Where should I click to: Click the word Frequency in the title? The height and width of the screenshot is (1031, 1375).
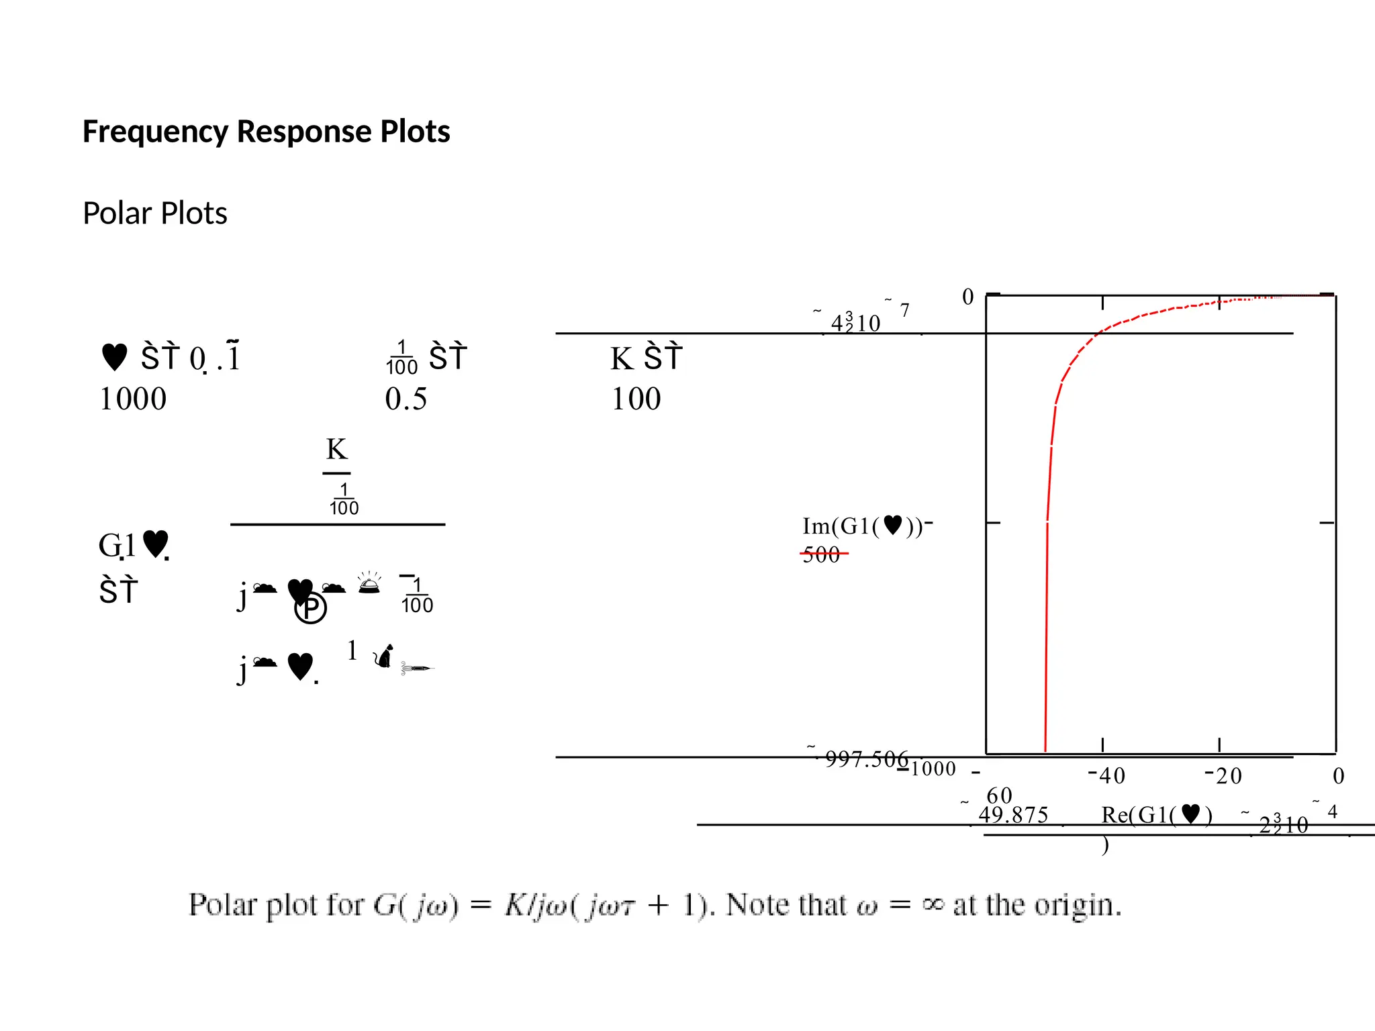coord(155,132)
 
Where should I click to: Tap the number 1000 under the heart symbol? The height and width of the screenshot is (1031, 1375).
coord(133,399)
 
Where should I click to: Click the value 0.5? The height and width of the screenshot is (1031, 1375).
coord(406,399)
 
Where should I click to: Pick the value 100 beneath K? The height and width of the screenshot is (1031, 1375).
coord(636,399)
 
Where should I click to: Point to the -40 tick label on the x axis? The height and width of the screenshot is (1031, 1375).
coord(1106,776)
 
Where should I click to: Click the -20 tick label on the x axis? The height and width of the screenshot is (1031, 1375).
coord(1223,776)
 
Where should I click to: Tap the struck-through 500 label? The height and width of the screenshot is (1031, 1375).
coord(822,554)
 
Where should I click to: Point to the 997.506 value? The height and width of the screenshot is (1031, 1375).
coord(866,759)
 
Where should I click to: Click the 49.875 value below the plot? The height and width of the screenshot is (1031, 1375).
coord(1013,815)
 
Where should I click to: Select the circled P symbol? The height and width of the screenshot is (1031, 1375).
coord(311,608)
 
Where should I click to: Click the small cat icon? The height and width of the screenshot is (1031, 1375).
coord(383,656)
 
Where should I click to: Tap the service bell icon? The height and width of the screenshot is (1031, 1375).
coord(369,583)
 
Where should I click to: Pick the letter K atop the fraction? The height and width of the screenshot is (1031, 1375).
coord(336,449)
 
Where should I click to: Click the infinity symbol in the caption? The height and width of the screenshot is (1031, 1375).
coord(932,905)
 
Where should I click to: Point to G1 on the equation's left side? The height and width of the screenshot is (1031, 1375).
coord(117,545)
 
